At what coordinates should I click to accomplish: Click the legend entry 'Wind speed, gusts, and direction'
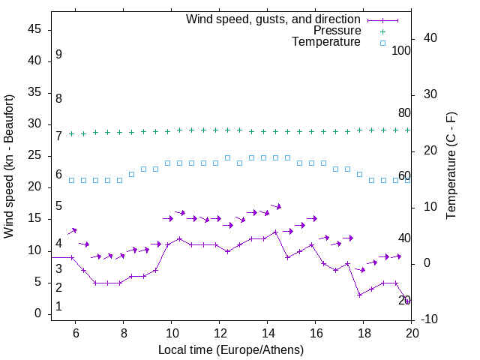coord(273,19)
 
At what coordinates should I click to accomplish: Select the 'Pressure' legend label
coord(337,31)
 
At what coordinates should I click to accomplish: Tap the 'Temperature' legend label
coord(325,43)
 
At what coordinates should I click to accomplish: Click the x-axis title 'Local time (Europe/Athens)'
coord(231,349)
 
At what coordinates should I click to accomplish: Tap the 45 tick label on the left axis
coord(34,29)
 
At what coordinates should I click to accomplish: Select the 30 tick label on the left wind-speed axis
coord(34,124)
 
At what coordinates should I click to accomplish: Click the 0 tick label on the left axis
coord(37,314)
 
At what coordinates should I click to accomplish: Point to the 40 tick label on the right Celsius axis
coord(430,38)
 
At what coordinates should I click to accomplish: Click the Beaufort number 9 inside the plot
coord(58,55)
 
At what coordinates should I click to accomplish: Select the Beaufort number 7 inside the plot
coord(58,136)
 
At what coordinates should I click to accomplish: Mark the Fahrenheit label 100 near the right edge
coord(401,50)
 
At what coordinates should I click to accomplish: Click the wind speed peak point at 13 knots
coord(276,232)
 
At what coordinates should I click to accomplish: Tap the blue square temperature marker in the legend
coord(382,43)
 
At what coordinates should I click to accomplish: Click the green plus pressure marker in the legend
coord(382,31)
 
